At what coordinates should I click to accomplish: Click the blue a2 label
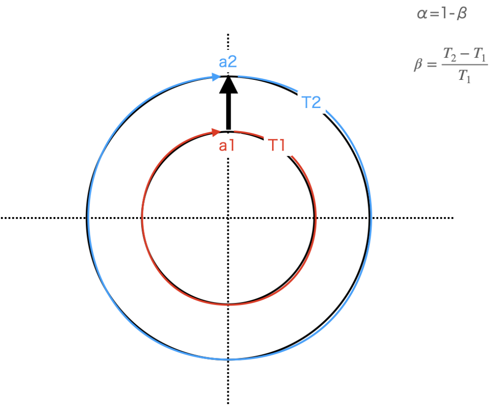click(228, 62)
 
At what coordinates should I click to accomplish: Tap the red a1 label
click(227, 145)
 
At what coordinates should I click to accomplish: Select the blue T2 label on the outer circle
click(311, 102)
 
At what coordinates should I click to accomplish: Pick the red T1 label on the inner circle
click(277, 145)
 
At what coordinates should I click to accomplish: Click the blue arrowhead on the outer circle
click(215, 77)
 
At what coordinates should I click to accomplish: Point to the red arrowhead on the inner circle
click(216, 131)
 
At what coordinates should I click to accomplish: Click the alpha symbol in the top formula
click(422, 14)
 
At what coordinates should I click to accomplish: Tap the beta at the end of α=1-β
click(461, 14)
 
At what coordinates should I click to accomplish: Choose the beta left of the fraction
click(418, 64)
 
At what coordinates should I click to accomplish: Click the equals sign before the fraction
click(432, 65)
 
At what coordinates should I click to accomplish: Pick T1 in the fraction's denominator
click(465, 76)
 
